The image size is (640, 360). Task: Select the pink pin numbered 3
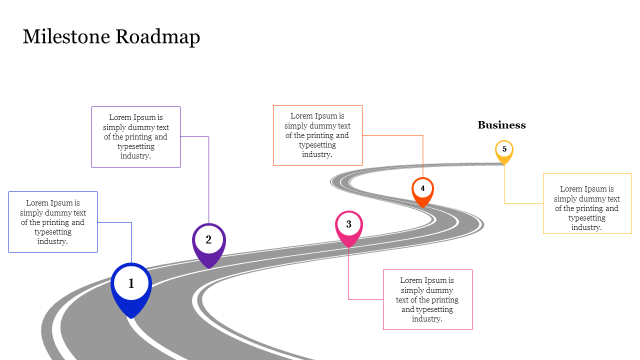coord(348,226)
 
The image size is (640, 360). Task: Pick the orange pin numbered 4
coord(422,190)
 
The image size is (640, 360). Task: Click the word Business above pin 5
coord(501,125)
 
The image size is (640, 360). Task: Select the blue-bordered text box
coord(53,222)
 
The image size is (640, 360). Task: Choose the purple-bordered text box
coord(136,136)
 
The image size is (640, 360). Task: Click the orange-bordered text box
coord(317,135)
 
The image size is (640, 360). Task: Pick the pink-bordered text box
coord(427,299)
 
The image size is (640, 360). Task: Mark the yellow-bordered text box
coord(587,203)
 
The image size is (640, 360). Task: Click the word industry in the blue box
coord(52,241)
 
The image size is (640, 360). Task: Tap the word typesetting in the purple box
coord(136,146)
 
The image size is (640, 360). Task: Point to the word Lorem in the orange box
coord(302,116)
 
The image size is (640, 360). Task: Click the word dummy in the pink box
coord(440,290)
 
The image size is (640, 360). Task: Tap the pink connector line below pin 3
coord(348,275)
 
